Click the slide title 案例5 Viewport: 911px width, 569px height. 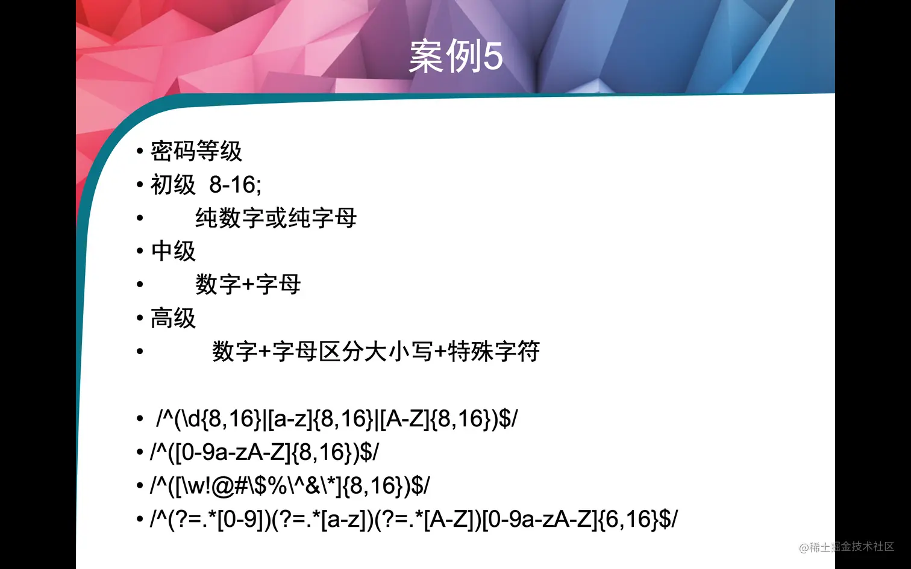[x=456, y=57]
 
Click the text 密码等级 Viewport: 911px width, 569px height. [x=196, y=151]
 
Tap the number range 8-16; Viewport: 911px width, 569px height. [x=235, y=185]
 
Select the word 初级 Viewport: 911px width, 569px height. [x=173, y=185]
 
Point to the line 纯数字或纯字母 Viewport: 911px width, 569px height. [x=276, y=218]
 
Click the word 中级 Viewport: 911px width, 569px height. [x=173, y=251]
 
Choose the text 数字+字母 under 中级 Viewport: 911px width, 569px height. [x=248, y=284]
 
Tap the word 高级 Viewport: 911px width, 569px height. [x=173, y=318]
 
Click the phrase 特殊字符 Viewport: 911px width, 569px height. [x=493, y=352]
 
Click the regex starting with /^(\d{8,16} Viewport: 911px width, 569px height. [x=336, y=418]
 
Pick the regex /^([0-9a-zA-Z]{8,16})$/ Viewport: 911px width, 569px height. [x=264, y=452]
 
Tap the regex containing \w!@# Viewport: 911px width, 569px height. [x=290, y=485]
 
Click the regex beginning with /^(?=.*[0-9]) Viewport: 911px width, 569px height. [x=413, y=519]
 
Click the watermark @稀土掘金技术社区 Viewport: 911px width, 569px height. [x=846, y=547]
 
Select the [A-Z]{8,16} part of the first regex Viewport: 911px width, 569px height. [x=435, y=418]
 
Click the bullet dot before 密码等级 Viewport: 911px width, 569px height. [x=140, y=151]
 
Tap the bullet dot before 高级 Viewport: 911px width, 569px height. [x=140, y=318]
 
